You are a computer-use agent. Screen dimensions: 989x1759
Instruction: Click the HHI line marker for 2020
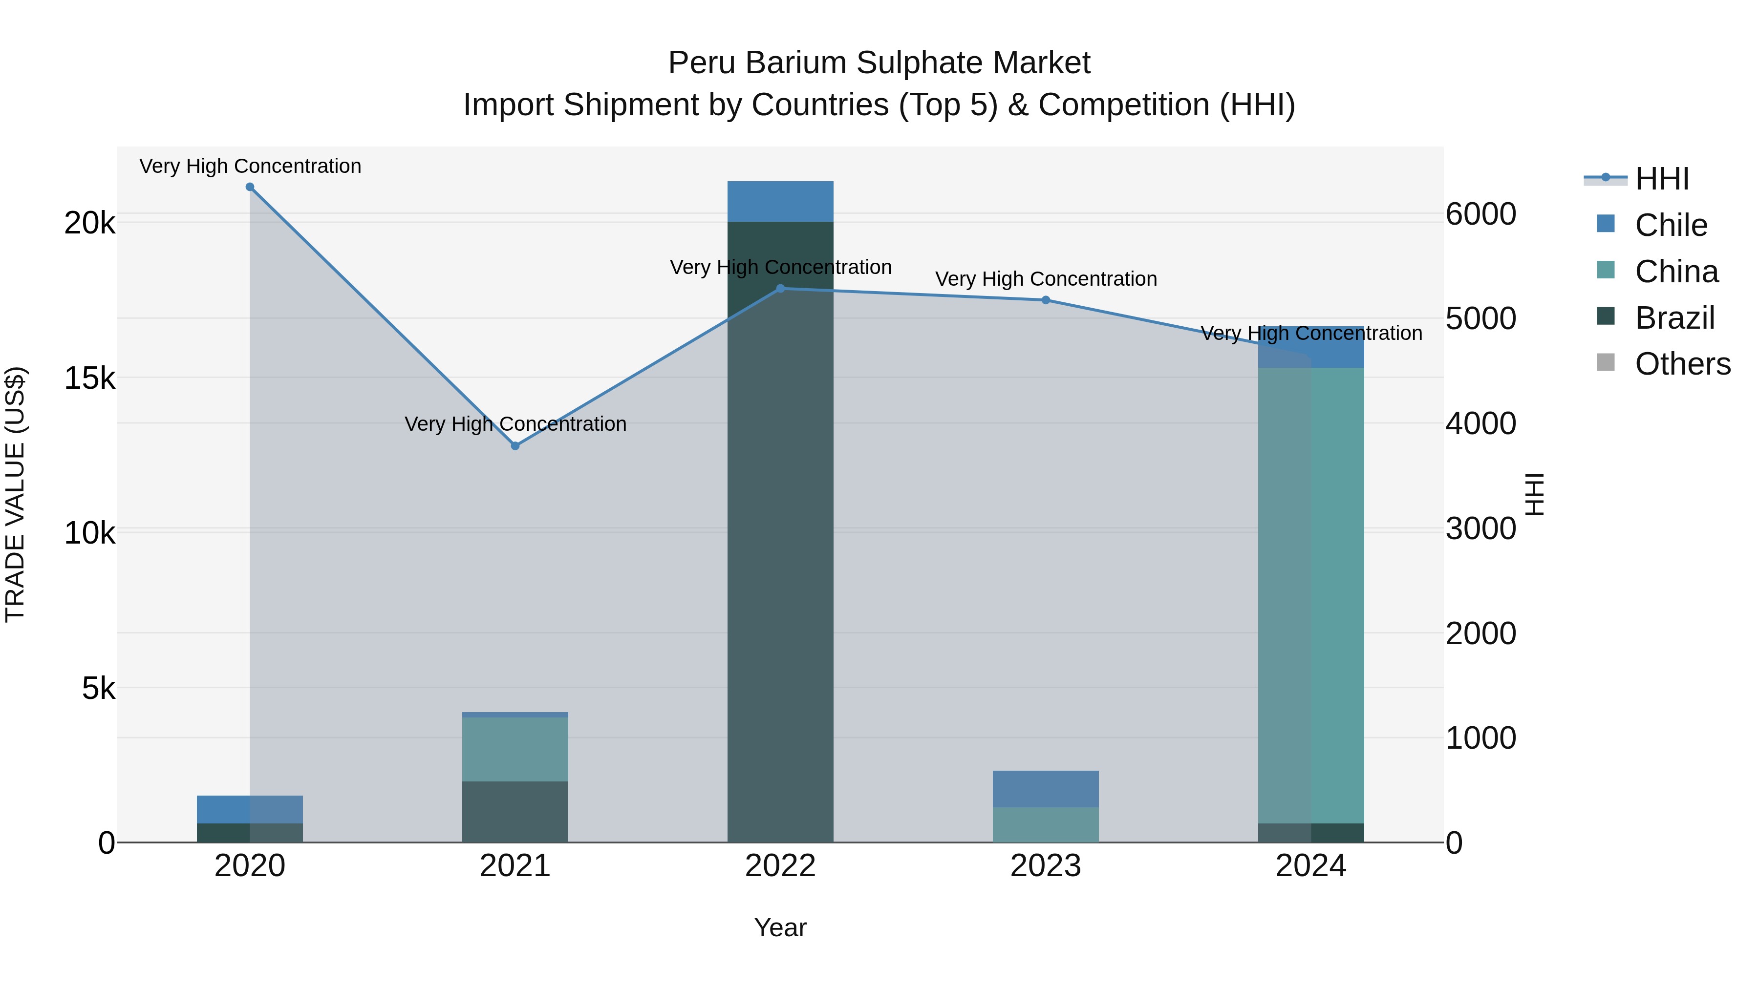coord(250,187)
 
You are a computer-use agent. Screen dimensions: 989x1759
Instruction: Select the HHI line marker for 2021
coord(515,446)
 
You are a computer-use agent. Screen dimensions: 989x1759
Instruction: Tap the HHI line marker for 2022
coord(780,289)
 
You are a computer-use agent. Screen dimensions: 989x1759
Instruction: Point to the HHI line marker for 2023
coord(1046,300)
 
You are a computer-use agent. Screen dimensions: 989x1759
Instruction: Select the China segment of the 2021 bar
coord(515,749)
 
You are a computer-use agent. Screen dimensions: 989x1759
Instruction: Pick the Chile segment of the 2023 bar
coord(1046,789)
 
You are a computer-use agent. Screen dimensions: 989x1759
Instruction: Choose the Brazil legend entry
coord(1674,318)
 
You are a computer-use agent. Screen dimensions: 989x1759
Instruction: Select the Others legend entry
coord(1682,364)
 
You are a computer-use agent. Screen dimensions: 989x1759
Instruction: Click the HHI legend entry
coord(1661,179)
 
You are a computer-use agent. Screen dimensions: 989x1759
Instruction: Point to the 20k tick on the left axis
coord(89,223)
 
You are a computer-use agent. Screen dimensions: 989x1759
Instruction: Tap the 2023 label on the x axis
coord(1046,866)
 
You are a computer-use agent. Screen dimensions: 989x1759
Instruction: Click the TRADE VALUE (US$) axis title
coord(15,494)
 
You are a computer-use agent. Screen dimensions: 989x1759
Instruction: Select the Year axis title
coord(780,927)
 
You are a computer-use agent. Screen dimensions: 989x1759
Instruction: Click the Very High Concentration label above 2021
coord(515,424)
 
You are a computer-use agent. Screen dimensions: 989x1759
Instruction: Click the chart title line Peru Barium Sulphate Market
coord(879,63)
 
